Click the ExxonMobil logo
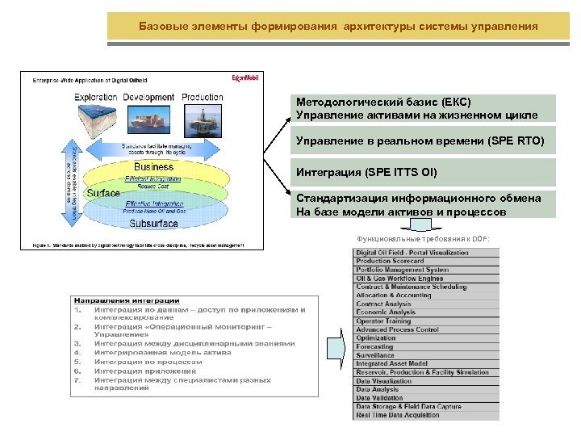tap(241, 79)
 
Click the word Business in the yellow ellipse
tap(153, 167)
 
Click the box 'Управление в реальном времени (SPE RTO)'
tap(424, 141)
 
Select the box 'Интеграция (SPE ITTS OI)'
tap(424, 172)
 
